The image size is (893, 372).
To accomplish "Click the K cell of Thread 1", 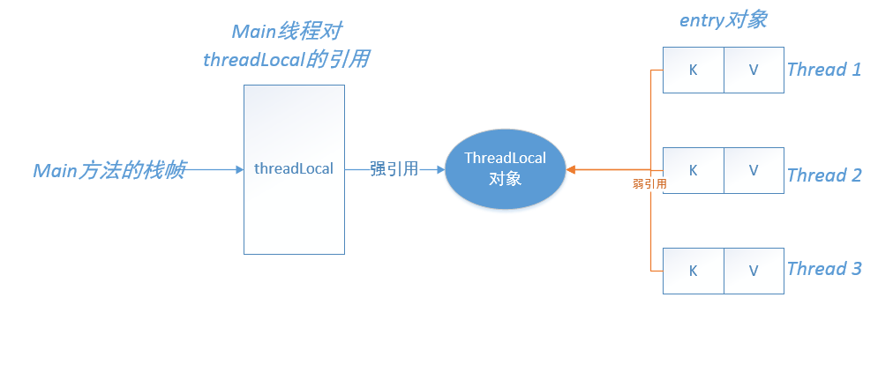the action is tap(693, 70).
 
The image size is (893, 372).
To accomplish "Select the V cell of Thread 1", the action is tap(754, 70).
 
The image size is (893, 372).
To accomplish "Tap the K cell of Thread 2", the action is tap(693, 171).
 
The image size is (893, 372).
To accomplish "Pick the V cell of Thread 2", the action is tap(754, 171).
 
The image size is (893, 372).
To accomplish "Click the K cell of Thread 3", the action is tap(693, 271).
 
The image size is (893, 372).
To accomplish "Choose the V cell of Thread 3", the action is tap(754, 271).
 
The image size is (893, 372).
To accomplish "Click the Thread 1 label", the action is tap(824, 70).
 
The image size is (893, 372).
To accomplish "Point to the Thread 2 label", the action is tap(824, 175).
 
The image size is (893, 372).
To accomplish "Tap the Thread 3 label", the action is tap(824, 268).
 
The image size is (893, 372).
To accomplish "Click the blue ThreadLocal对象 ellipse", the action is tap(505, 169).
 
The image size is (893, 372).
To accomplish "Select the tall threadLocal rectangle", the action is tap(294, 169).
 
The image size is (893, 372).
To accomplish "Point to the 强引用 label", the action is tap(394, 169).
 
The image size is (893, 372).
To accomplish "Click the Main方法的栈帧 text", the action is tap(109, 170).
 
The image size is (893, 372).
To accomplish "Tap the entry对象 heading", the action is tap(724, 20).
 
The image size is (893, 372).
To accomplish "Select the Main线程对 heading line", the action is tap(287, 31).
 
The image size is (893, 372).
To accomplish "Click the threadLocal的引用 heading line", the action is tap(287, 59).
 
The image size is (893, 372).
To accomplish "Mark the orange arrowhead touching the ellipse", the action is tap(571, 169).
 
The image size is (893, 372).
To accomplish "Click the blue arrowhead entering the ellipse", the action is tap(441, 169).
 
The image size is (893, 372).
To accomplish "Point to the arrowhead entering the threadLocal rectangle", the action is tap(240, 169).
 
